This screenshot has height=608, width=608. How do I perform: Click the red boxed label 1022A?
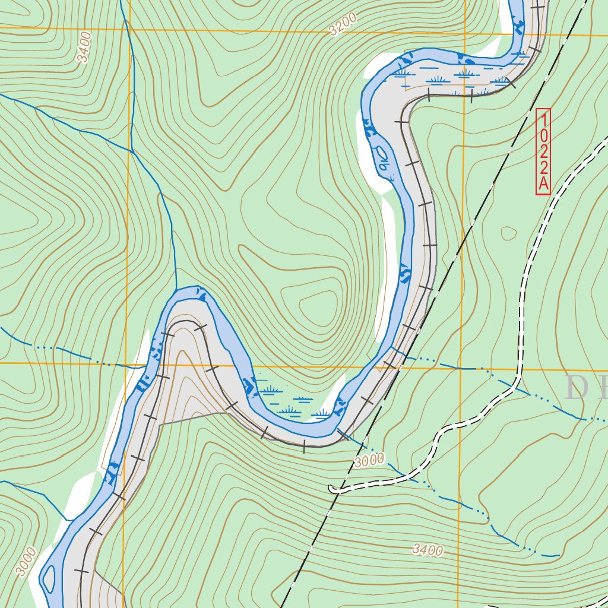click(x=543, y=151)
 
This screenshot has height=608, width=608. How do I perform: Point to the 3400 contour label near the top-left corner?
click(x=84, y=47)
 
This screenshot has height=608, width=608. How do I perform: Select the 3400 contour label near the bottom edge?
click(x=427, y=550)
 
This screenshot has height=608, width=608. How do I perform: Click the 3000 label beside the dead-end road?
click(x=369, y=460)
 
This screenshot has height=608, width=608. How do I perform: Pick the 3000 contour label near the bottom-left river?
click(x=27, y=562)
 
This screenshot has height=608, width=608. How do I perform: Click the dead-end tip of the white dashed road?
click(x=331, y=489)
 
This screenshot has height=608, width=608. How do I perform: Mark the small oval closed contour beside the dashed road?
click(x=509, y=233)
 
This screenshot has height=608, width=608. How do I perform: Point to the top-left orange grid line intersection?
click(x=129, y=28)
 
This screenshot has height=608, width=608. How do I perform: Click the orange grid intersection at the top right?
click(x=464, y=33)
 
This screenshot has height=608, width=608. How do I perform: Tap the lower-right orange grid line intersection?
click(x=461, y=369)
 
